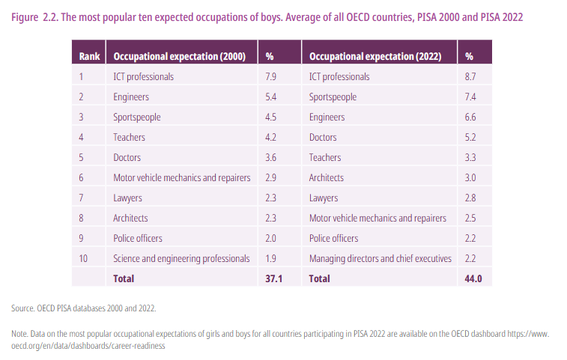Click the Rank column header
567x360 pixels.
(x=89, y=56)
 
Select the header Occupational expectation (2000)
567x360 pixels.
(x=179, y=56)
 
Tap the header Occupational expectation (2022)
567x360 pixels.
(x=375, y=56)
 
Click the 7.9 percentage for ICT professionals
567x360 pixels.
(x=272, y=76)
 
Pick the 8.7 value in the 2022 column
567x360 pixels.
(x=470, y=76)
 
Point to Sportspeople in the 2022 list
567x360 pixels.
(x=333, y=97)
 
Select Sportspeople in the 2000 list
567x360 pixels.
(x=137, y=117)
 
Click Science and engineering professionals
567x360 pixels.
(x=181, y=258)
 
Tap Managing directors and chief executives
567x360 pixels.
(x=380, y=258)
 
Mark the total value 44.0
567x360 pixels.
(x=473, y=278)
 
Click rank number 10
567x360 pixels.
(x=83, y=258)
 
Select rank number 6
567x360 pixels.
(x=81, y=177)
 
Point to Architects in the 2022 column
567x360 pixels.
(x=327, y=177)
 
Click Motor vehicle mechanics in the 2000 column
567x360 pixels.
(x=181, y=177)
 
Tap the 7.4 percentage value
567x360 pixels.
(x=470, y=97)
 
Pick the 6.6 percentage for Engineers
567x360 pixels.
(x=470, y=117)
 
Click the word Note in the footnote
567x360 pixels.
(x=20, y=333)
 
